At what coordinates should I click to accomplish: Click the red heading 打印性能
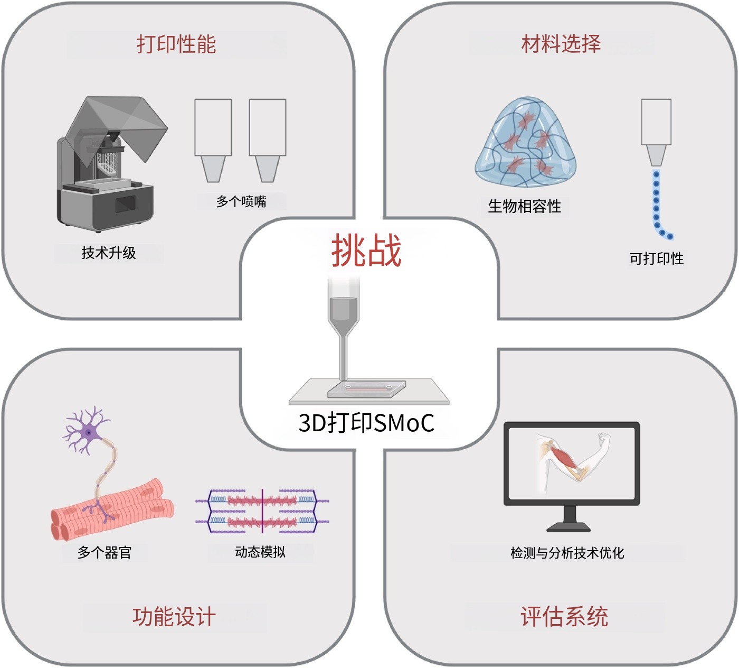pos(176,44)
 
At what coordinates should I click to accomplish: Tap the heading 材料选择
pos(561,43)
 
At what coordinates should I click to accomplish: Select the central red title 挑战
pos(366,251)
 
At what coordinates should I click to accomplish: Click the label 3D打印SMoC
pos(366,423)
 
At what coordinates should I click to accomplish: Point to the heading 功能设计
pos(174,617)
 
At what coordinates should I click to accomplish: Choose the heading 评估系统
pos(564,617)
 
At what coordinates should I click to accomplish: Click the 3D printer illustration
pos(108,164)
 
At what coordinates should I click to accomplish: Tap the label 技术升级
pos(109,253)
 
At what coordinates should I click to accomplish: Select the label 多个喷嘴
pos(241,201)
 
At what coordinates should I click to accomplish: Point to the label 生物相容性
pos(524,206)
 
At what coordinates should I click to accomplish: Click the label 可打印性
pos(656,258)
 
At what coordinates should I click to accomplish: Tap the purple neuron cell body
pos(88,432)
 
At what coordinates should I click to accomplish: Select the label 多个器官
pos(105,553)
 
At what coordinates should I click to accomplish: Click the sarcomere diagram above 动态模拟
pos(262,511)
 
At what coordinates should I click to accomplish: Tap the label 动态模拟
pos(260,552)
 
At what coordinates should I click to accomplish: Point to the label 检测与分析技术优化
pos(567,553)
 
